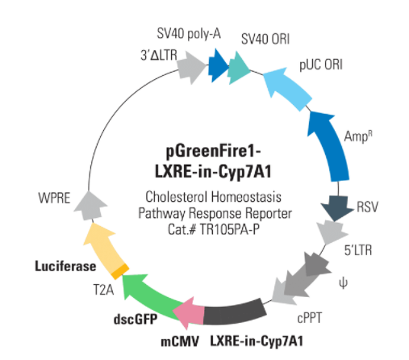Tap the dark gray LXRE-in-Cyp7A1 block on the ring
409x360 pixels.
(235, 312)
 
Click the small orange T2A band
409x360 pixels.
(120, 271)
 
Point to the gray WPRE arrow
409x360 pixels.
(90, 206)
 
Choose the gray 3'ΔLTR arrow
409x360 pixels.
(191, 67)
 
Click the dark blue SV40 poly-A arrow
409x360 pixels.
(218, 65)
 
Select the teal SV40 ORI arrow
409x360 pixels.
(238, 68)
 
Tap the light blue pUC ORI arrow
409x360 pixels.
(286, 86)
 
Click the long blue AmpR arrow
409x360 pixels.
(329, 145)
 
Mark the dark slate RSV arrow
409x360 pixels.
(336, 207)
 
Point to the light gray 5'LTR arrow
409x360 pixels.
(332, 232)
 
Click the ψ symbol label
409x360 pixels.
(343, 283)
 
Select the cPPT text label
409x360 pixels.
(309, 318)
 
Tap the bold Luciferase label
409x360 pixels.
(65, 266)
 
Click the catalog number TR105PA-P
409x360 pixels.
(230, 229)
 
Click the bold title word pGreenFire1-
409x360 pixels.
(213, 151)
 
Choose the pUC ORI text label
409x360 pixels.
(321, 65)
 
